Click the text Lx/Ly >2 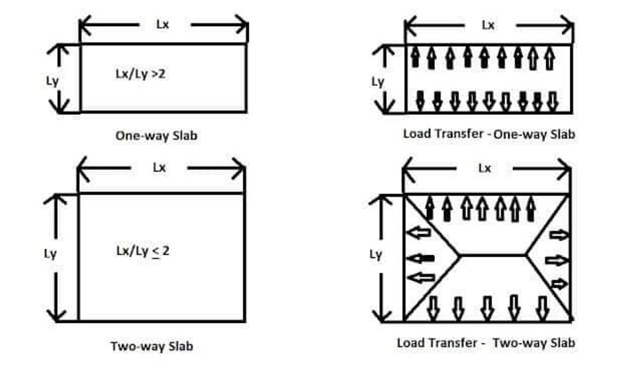point(140,74)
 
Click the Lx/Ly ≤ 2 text point(143,251)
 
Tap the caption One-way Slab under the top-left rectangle point(156,135)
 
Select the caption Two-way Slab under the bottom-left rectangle point(152,347)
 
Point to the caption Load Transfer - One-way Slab point(489,134)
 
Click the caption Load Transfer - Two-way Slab point(486,343)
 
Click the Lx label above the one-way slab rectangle point(163,25)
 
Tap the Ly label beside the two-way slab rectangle point(50,254)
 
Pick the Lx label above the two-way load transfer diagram point(485,168)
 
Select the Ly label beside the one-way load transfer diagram point(378,82)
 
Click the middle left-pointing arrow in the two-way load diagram point(421,259)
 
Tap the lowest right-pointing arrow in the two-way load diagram point(560,284)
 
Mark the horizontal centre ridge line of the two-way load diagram point(493,255)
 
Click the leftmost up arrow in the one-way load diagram point(415,57)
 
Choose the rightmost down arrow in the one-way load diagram point(552,102)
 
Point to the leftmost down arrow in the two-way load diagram point(433,308)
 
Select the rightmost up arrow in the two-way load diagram point(531,209)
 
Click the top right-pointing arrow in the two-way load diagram point(559,235)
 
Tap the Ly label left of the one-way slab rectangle point(52,82)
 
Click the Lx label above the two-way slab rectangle point(159,167)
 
